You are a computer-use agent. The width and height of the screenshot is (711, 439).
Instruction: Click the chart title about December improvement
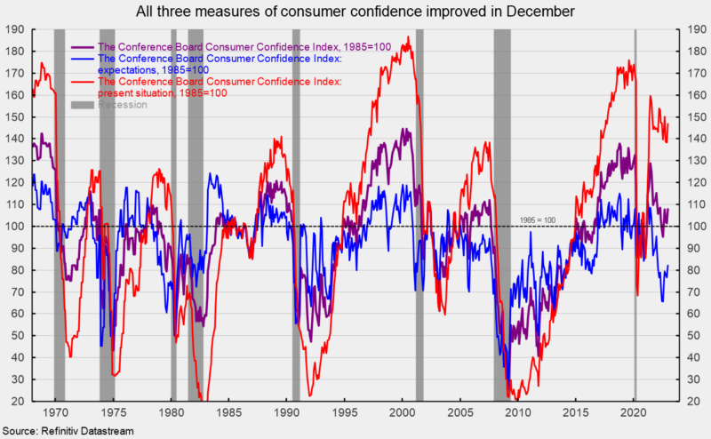click(355, 12)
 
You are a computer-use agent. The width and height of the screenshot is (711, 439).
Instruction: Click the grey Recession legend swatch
click(82, 105)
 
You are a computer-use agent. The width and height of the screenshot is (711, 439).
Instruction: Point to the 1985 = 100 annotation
click(536, 219)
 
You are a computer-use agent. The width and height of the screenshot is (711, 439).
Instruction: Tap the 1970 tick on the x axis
click(55, 414)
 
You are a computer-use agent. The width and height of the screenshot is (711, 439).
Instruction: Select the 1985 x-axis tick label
click(228, 414)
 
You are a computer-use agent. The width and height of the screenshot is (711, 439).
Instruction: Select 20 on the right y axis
click(686, 402)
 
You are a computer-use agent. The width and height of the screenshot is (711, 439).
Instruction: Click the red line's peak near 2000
click(408, 38)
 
